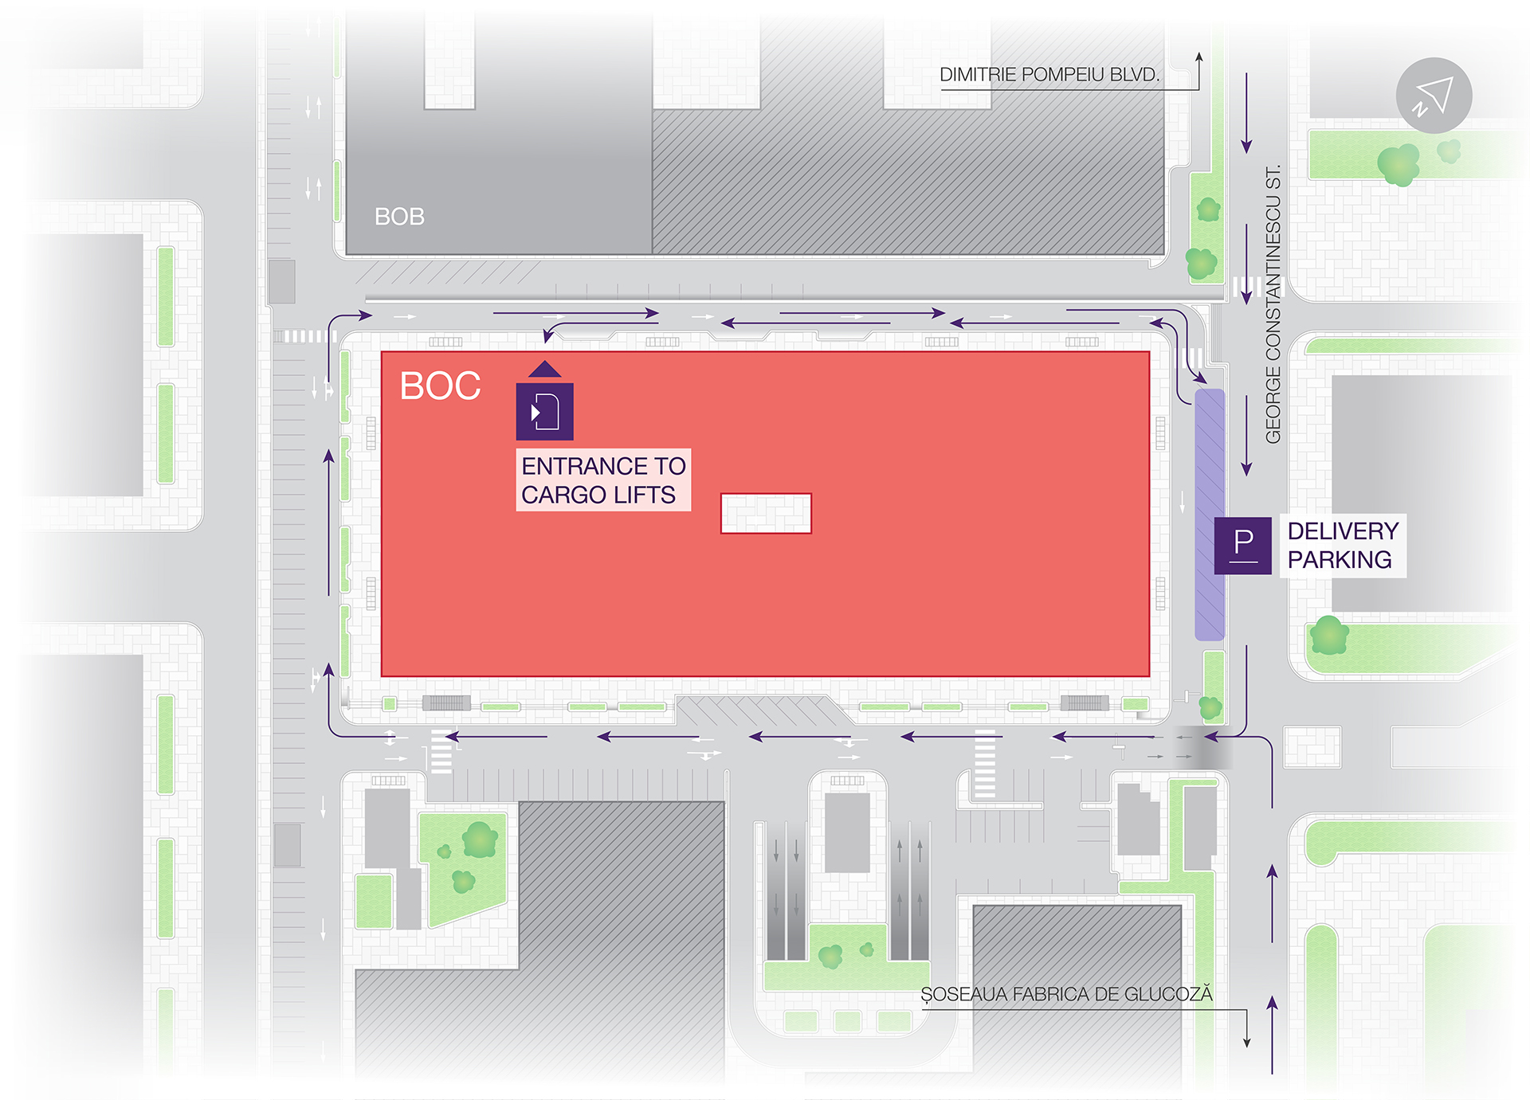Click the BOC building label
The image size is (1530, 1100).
click(x=440, y=386)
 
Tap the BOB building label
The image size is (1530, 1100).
click(x=399, y=217)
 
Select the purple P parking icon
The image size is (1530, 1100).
click(x=1242, y=546)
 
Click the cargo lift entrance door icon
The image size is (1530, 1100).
click(x=545, y=412)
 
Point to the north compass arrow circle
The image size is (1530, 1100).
click(x=1434, y=96)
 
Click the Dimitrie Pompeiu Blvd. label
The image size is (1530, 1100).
click(x=1049, y=75)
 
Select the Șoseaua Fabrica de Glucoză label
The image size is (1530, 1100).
click(x=1066, y=994)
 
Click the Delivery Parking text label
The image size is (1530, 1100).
click(x=1343, y=546)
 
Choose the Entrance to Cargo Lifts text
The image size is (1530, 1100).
click(x=603, y=480)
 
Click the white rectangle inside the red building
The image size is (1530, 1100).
click(x=766, y=514)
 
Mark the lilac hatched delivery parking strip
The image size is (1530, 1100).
click(x=1209, y=515)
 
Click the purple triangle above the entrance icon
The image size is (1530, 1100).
click(x=545, y=369)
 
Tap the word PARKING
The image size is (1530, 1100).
click(x=1340, y=560)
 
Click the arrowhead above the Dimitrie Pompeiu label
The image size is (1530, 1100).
click(x=1198, y=57)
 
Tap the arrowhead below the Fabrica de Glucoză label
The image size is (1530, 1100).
click(x=1247, y=1042)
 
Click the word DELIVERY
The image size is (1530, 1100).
click(x=1343, y=531)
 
